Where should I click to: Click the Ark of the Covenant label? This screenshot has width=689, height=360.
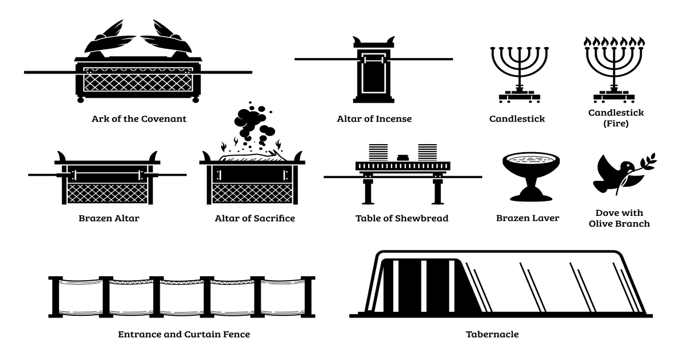[138, 119]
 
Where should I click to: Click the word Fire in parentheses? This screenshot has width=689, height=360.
[616, 123]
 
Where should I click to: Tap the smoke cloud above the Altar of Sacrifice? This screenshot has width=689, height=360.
[253, 123]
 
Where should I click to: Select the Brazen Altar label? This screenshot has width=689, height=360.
[109, 218]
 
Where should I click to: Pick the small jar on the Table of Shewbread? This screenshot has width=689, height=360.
[402, 156]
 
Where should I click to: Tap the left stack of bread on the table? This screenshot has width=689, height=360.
[377, 153]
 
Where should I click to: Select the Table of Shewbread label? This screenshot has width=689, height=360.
[402, 218]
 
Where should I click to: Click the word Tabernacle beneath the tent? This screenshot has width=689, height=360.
[492, 334]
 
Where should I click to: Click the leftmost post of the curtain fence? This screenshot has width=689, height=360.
[55, 296]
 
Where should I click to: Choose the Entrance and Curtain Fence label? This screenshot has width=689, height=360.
[184, 334]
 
